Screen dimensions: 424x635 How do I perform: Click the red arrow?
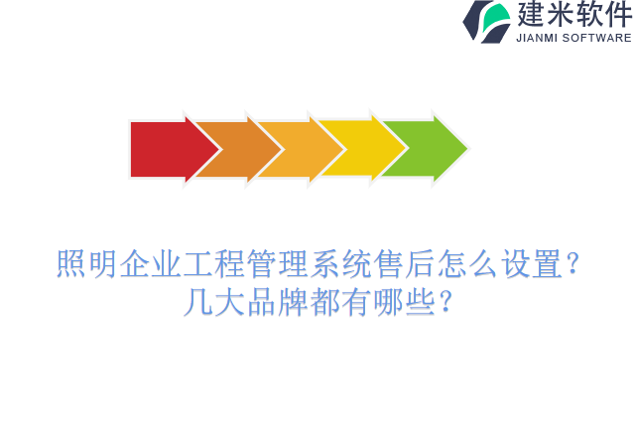pos(164,149)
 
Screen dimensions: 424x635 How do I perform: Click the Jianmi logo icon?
pos(487,21)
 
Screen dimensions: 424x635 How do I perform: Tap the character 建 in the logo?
pos(531,15)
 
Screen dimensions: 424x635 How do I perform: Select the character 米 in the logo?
pos(561,15)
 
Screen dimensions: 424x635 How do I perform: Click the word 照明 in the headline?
pos(86,265)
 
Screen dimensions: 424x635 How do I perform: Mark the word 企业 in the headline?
pos(150,265)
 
